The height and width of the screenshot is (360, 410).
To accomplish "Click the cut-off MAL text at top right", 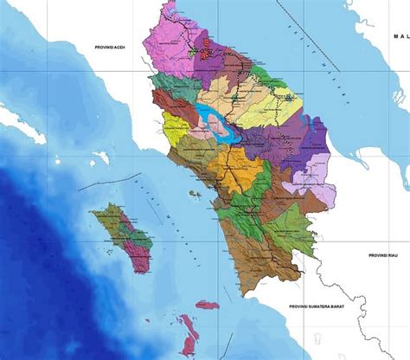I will coord(400,36).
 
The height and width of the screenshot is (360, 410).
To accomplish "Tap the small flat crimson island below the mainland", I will coord(206,305).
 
